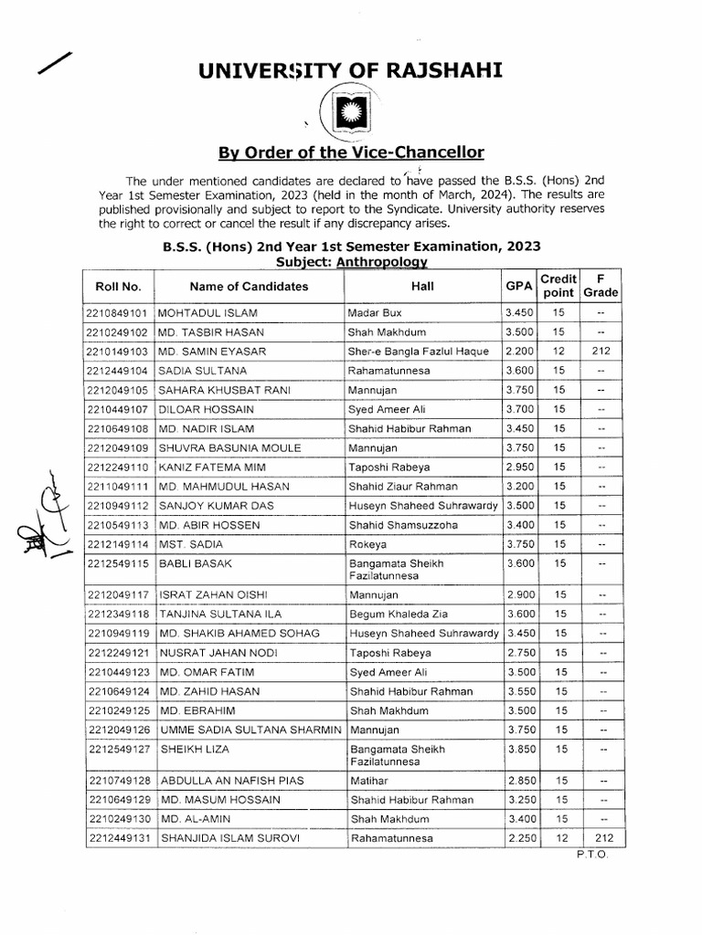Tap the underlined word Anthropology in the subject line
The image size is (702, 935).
382,261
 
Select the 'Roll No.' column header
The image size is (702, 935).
118,286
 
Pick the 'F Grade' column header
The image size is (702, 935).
601,285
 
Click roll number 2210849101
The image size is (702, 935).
118,312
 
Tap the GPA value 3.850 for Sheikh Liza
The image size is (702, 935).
518,749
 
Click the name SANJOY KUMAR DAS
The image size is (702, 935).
216,505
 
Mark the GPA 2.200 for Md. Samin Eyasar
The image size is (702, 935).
518,351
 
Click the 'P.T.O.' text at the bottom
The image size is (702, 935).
590,855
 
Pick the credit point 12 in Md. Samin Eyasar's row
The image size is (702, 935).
558,351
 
